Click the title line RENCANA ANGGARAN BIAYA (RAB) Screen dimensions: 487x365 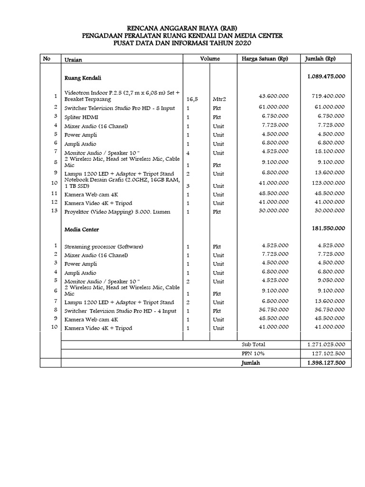tap(182, 28)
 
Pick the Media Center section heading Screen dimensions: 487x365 tap(82, 230)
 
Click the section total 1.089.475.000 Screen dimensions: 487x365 tap(326, 76)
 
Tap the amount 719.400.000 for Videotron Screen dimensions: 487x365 tap(328, 96)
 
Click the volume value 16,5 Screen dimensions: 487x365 tap(192, 100)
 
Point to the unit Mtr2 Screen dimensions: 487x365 tap(220, 100)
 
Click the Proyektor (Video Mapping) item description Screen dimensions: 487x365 tap(117, 212)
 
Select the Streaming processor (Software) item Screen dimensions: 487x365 tap(104, 247)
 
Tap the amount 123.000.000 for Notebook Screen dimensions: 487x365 tap(328, 183)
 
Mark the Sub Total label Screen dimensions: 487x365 tap(253, 344)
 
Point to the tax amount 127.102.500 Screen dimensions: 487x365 tap(328, 354)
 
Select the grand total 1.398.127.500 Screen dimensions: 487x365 tap(326, 363)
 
